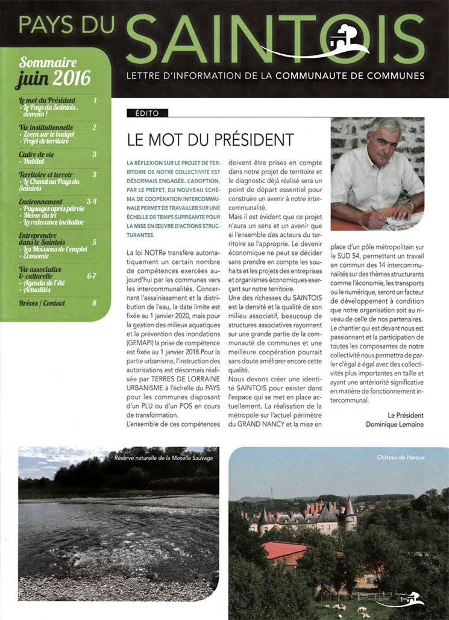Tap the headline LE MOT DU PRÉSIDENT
pyautogui.click(x=210, y=140)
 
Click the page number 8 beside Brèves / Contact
pyautogui.click(x=94, y=302)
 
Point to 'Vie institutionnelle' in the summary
pyautogui.click(x=46, y=127)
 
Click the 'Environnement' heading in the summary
pyautogui.click(x=40, y=201)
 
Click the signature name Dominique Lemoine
pyautogui.click(x=394, y=424)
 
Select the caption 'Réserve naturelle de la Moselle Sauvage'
pyautogui.click(x=163, y=458)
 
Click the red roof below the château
pyautogui.click(x=285, y=550)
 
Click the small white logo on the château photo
pyautogui.click(x=410, y=600)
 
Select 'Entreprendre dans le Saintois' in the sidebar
pyautogui.click(x=40, y=239)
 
